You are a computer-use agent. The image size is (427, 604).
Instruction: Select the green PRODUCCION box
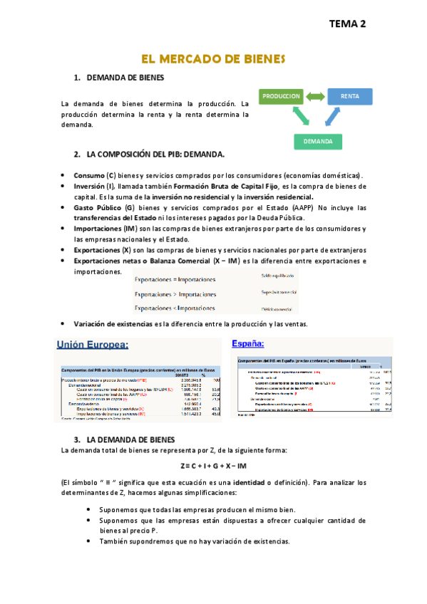(281, 96)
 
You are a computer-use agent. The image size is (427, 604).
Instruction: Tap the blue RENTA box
(349, 96)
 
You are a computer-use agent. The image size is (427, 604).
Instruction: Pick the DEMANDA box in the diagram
(318, 141)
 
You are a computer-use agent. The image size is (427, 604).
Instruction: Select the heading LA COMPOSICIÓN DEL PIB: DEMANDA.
(155, 154)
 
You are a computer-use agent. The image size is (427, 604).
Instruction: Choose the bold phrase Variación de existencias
(113, 324)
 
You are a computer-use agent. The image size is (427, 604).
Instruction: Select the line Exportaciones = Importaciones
(175, 280)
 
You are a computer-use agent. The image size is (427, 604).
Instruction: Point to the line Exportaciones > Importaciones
(175, 294)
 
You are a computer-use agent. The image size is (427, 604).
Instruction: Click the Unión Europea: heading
(93, 345)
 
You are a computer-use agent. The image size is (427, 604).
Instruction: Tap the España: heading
(248, 343)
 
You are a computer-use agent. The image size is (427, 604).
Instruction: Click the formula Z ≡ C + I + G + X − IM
(214, 466)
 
